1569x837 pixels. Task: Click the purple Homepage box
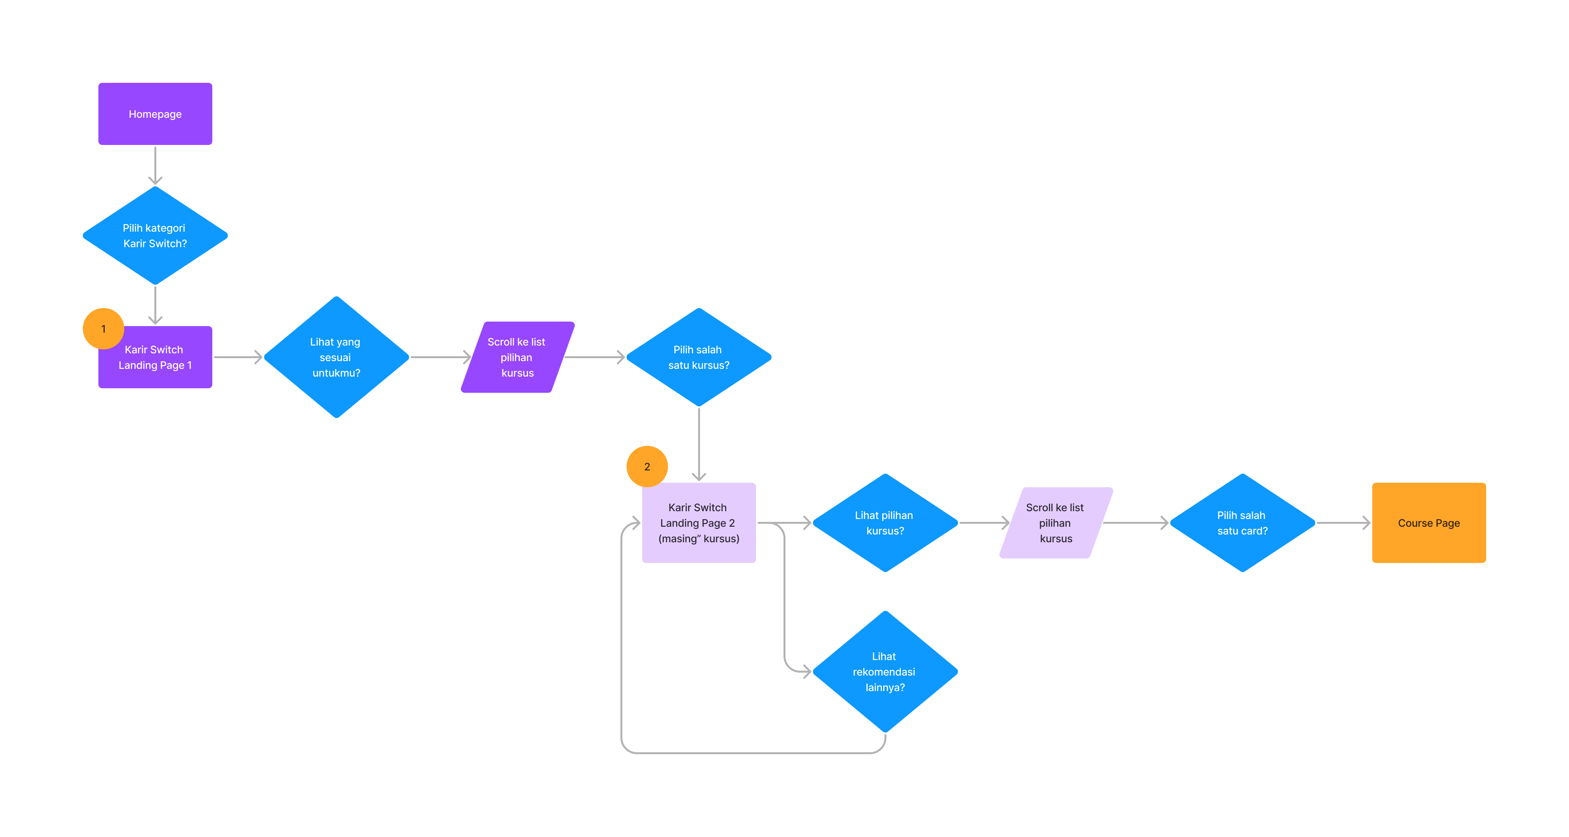[155, 114]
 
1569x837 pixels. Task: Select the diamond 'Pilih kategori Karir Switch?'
[155, 236]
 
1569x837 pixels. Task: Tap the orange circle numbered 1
[103, 329]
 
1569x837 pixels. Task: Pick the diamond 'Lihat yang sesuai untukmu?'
[336, 357]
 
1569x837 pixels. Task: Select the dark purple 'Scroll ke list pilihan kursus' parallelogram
[517, 357]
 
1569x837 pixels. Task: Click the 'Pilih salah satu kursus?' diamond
[699, 357]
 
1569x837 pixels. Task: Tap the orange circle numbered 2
[647, 466]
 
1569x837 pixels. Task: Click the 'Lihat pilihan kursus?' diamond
[885, 523]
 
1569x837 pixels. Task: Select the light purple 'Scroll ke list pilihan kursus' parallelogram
[1055, 523]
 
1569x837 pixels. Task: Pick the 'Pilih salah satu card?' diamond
[1242, 523]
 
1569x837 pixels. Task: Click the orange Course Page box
[1429, 523]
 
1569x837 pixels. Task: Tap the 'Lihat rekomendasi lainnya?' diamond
[885, 671]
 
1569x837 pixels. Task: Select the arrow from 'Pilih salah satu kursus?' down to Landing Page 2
[699, 444]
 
